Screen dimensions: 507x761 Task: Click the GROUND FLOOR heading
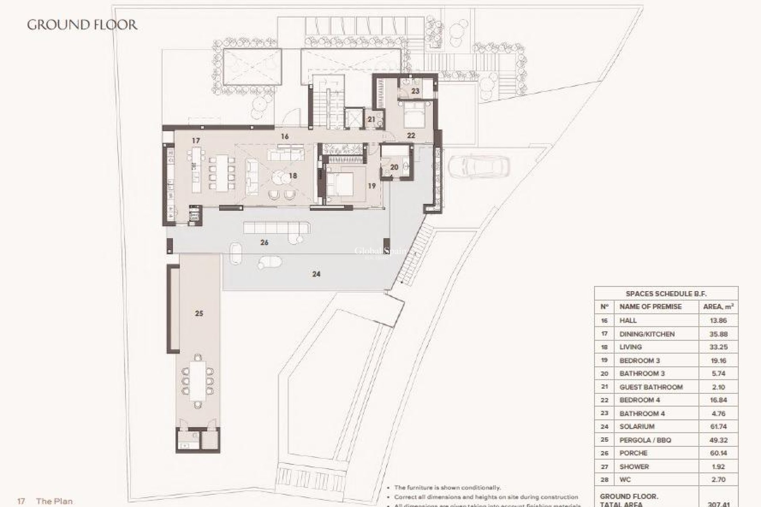coord(82,25)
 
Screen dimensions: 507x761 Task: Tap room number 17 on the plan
coord(195,141)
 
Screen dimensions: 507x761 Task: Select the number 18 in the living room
coord(293,176)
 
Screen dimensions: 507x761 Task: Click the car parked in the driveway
coord(478,167)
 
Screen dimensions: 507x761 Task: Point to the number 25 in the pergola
coord(199,313)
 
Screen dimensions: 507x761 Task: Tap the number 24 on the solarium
coord(316,274)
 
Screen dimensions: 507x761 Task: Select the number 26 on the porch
coord(264,242)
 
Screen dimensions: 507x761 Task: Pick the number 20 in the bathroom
coord(394,167)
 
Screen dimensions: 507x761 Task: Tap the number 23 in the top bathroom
coord(415,91)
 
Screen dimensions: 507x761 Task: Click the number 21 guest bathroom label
coord(371,119)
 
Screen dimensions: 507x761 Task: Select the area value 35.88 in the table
coord(718,334)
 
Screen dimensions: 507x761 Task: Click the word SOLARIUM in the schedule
coord(637,427)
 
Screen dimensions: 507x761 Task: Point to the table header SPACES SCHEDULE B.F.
coord(666,294)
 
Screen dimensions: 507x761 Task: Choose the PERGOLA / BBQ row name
coord(645,440)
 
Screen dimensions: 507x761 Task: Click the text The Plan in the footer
coord(54,501)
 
